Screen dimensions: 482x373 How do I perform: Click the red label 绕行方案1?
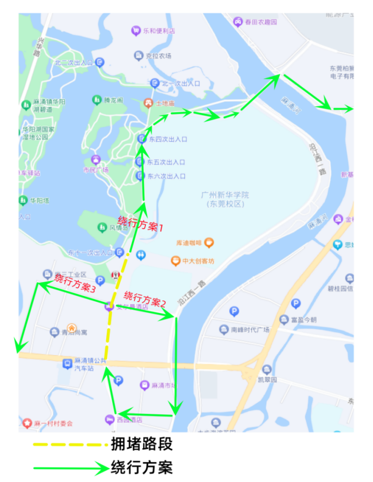(141, 224)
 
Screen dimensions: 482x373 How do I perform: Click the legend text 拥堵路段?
(142, 444)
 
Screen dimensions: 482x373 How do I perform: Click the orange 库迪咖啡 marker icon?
(209, 243)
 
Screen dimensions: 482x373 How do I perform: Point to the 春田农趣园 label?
(259, 22)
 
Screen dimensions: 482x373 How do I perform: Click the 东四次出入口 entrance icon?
(142, 139)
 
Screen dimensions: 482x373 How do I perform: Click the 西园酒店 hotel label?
(129, 420)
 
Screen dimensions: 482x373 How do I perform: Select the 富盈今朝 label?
(304, 320)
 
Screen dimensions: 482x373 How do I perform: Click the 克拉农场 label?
(158, 55)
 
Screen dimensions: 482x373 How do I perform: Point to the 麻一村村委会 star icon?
(27, 423)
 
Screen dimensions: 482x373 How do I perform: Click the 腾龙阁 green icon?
(97, 99)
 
